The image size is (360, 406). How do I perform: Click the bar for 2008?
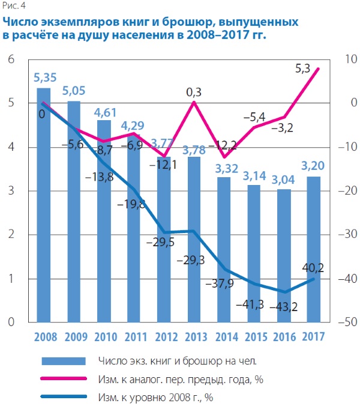pyautogui.click(x=44, y=204)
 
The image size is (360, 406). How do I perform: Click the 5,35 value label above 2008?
pyautogui.click(x=46, y=78)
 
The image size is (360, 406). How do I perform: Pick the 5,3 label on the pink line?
pyautogui.click(x=304, y=69)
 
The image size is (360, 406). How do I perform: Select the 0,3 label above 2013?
pyautogui.click(x=194, y=92)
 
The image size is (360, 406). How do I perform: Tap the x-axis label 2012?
pyautogui.click(x=164, y=337)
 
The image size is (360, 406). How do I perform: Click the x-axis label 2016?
pyautogui.click(x=284, y=337)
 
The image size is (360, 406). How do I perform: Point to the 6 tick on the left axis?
pyautogui.click(x=10, y=59)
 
